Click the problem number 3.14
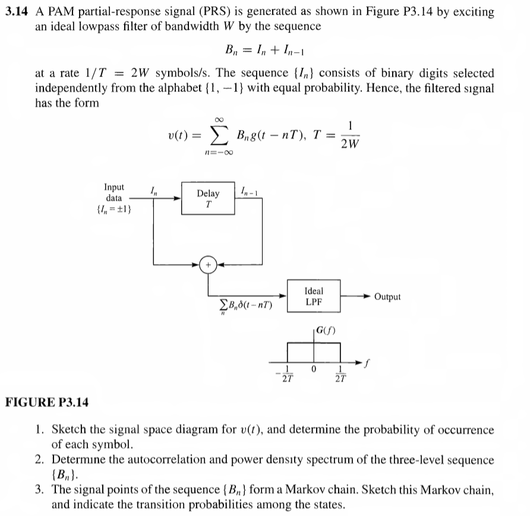coord(18,11)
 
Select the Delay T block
coord(207,198)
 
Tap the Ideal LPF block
coord(314,296)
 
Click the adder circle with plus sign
coord(208,264)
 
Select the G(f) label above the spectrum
coord(326,328)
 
